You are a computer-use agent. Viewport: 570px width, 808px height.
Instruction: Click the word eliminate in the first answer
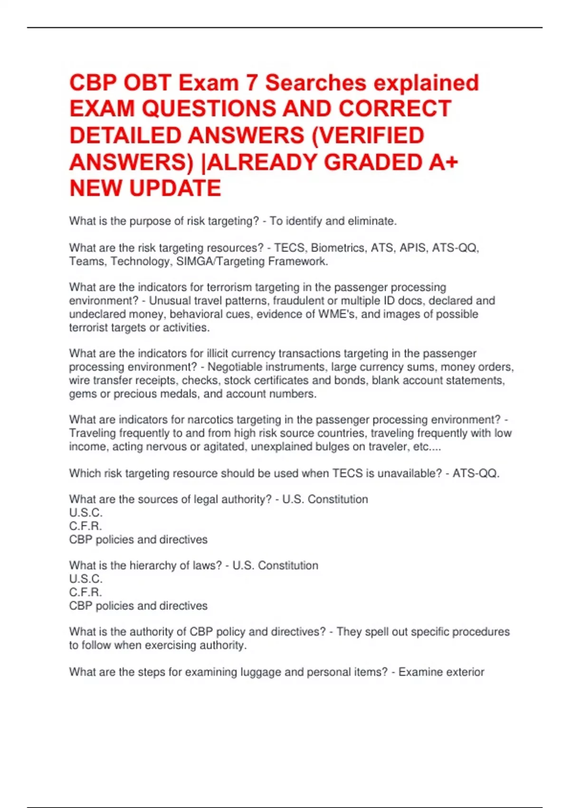tap(371, 221)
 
